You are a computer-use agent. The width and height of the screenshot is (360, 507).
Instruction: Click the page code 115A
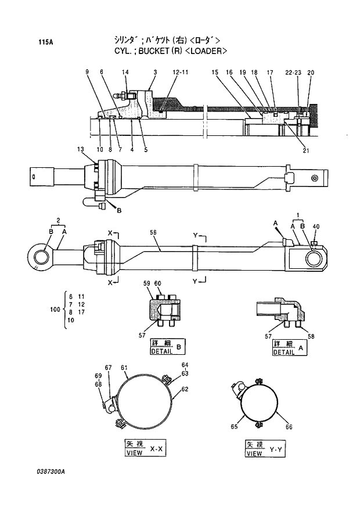[x=46, y=42]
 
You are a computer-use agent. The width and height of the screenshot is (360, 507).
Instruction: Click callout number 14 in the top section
[x=125, y=72]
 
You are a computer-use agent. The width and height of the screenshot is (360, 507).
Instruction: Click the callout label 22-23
[x=294, y=73]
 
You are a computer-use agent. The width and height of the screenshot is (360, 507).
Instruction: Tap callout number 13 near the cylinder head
[x=80, y=149]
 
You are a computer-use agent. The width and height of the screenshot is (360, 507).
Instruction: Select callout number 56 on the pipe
[x=154, y=232]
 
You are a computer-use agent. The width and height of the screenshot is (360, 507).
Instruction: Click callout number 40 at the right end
[x=316, y=226]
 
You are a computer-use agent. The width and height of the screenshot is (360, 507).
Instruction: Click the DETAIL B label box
[x=167, y=347]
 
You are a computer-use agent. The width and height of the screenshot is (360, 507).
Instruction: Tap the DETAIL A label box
[x=289, y=347]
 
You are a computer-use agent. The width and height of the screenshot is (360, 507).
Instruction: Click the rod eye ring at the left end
[x=41, y=256]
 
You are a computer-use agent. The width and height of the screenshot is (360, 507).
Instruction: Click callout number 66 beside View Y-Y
[x=289, y=427]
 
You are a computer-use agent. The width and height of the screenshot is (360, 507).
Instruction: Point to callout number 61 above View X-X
[x=124, y=368]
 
